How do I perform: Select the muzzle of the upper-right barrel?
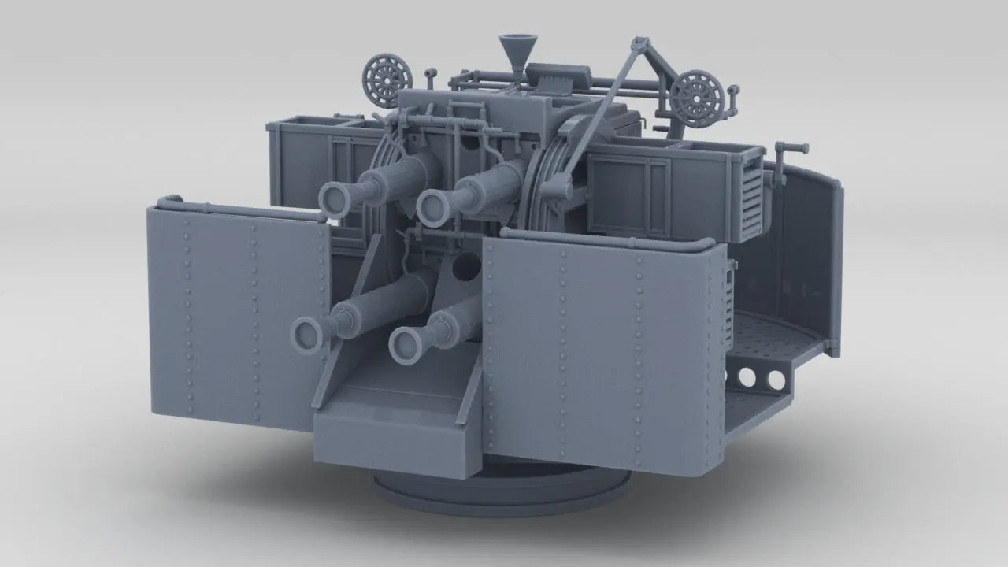(433, 208)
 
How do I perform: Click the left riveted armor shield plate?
(236, 315)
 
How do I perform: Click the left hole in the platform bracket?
(747, 379)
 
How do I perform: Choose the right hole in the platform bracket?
(776, 380)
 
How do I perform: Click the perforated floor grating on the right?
(776, 331)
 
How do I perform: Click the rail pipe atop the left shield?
(236, 209)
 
